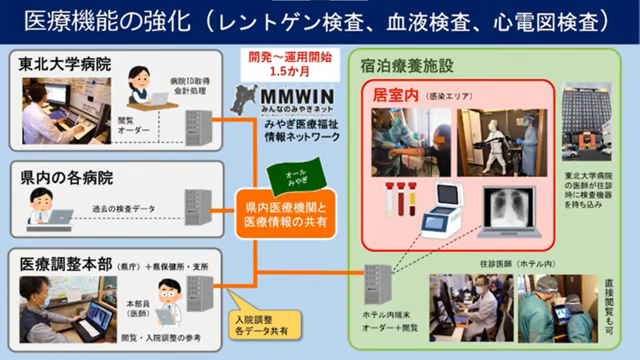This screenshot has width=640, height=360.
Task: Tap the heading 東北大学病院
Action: click(64, 64)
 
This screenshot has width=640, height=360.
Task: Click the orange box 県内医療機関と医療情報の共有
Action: click(286, 214)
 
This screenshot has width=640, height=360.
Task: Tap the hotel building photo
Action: click(586, 122)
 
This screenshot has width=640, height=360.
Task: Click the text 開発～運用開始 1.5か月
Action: click(290, 64)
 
